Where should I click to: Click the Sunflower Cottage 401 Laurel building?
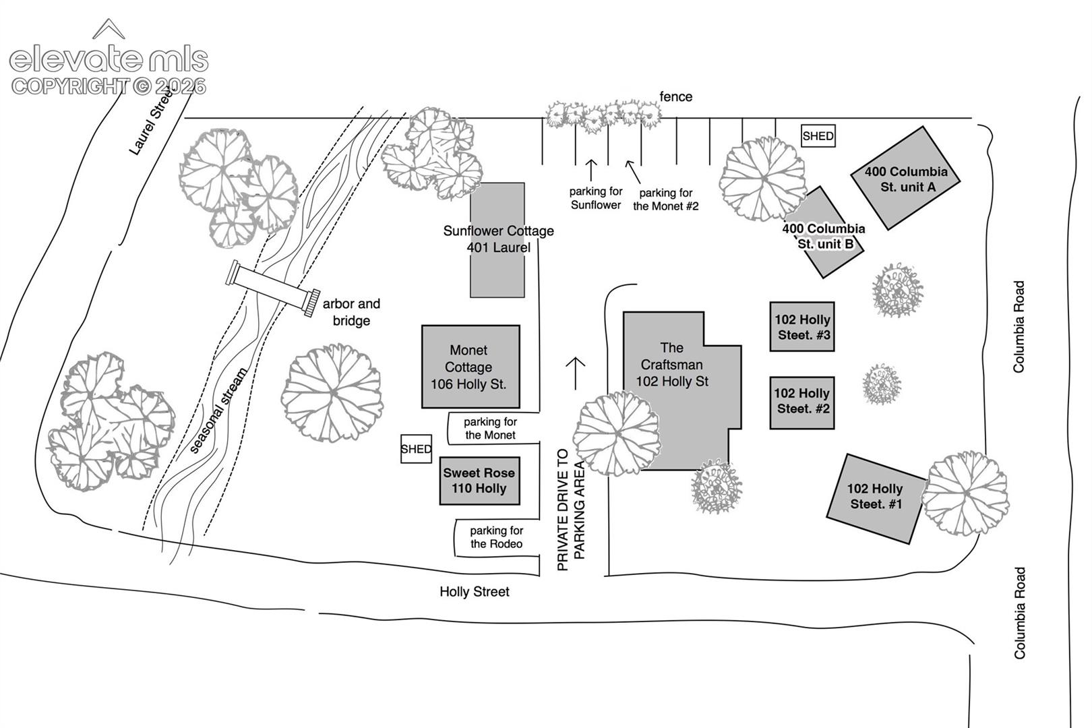(497, 240)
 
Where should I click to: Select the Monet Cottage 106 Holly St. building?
(471, 367)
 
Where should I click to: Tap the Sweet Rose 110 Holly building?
(480, 481)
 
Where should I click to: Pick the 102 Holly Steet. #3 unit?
(802, 327)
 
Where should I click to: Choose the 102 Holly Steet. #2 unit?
(802, 403)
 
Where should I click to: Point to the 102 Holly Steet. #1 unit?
(876, 498)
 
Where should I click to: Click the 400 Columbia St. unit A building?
(905, 179)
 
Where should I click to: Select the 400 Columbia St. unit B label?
(824, 236)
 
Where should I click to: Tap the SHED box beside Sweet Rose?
(417, 449)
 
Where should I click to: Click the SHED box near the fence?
(818, 136)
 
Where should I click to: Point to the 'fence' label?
(675, 96)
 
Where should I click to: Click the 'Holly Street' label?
(475, 591)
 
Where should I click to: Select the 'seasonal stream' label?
(218, 411)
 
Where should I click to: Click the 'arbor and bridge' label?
(351, 312)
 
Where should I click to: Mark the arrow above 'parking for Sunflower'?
(591, 170)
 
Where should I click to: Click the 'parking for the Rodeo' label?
(496, 537)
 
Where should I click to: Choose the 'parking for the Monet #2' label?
(666, 200)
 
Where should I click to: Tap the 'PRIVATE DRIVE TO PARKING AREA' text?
(570, 510)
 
